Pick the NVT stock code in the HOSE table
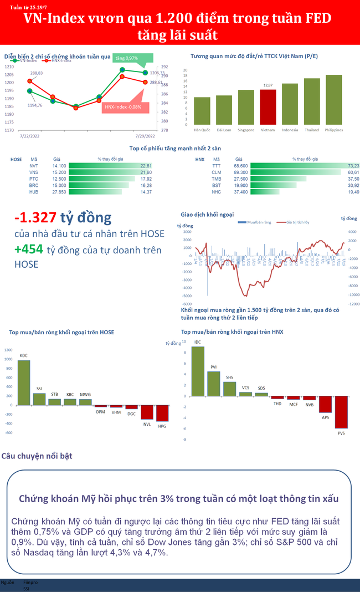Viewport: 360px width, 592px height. click(x=34, y=166)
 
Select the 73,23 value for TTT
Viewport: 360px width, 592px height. click(x=353, y=166)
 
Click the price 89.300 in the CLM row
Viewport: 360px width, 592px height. click(x=240, y=172)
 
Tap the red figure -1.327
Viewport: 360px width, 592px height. click(x=35, y=218)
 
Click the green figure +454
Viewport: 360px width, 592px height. click(x=29, y=250)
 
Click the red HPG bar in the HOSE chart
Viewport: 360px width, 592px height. click(x=162, y=413)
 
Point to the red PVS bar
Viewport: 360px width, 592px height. click(x=341, y=412)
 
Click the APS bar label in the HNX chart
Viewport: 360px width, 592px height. click(x=325, y=417)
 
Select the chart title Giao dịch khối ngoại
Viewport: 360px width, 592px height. click(x=207, y=214)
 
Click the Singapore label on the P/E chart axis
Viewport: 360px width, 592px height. click(x=246, y=130)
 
